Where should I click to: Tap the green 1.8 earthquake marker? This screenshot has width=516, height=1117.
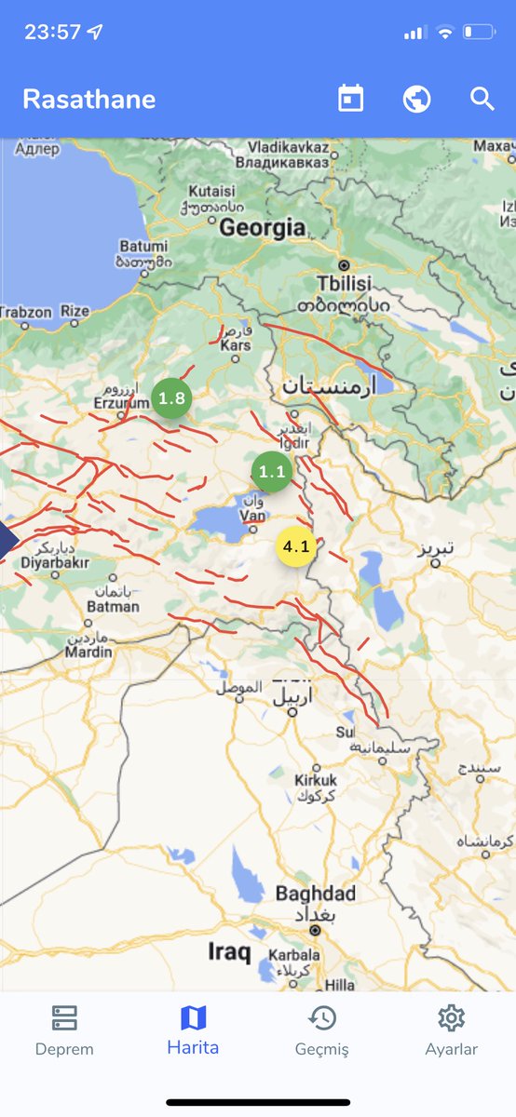click(x=171, y=398)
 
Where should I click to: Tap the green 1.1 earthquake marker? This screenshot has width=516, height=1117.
click(x=272, y=472)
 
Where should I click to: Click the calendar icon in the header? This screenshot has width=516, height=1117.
click(x=350, y=99)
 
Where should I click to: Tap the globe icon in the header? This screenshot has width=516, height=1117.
click(x=416, y=99)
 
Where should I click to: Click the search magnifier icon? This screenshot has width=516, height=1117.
click(x=482, y=99)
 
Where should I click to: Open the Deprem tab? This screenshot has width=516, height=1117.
click(x=64, y=1030)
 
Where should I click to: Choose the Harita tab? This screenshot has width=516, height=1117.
click(x=193, y=1030)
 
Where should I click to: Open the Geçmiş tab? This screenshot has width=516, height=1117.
click(x=321, y=1030)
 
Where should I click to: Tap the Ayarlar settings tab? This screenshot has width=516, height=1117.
click(x=451, y=1030)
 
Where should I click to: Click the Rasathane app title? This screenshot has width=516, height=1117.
click(x=88, y=100)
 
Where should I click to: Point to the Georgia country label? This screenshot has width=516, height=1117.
click(x=263, y=227)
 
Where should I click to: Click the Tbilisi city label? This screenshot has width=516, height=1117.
click(x=344, y=283)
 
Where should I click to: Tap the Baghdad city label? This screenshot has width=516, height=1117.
click(x=315, y=894)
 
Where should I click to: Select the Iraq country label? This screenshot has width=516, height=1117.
click(x=228, y=952)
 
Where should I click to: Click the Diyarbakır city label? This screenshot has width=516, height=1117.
click(x=54, y=562)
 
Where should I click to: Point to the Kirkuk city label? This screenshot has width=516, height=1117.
click(x=314, y=779)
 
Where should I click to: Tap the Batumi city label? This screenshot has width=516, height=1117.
click(x=143, y=247)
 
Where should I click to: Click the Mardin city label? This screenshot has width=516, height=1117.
click(x=88, y=653)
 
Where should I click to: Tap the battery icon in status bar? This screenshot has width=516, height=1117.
click(x=479, y=32)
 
